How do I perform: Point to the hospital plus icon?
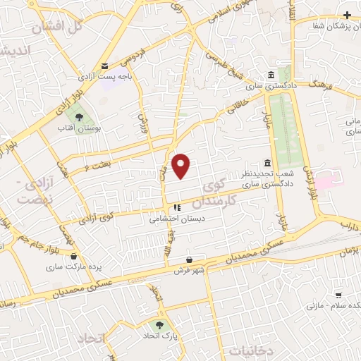click(x=347, y=15)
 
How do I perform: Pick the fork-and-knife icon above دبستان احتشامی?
click(x=176, y=208)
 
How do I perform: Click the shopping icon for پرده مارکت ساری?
click(x=73, y=257)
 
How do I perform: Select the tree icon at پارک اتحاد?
click(x=160, y=326)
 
